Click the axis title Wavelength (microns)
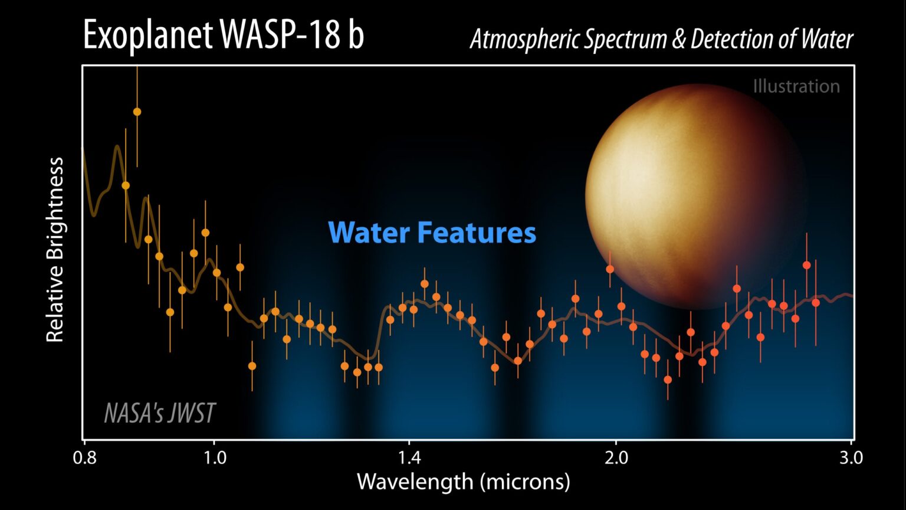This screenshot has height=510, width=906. (x=463, y=482)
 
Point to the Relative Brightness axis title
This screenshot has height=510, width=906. (x=55, y=249)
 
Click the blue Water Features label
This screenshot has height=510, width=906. (x=432, y=233)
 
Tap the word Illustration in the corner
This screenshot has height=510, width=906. (x=796, y=86)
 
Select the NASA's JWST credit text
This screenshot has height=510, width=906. (x=159, y=413)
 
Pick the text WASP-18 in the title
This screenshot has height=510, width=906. (x=280, y=35)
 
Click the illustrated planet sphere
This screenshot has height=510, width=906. (x=696, y=195)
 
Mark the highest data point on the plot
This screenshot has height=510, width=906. (x=137, y=112)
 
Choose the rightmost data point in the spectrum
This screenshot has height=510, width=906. (x=816, y=303)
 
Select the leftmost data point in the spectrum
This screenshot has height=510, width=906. (x=125, y=185)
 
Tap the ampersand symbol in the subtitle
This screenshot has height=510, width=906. (x=681, y=40)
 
